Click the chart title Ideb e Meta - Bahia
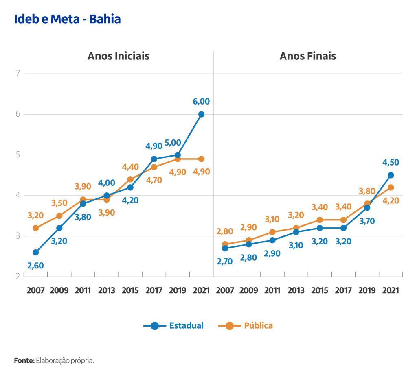coord(67,19)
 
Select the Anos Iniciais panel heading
coord(118,56)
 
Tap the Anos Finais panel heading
coord(307,56)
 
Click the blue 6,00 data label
coord(201,101)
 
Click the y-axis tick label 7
coord(18,74)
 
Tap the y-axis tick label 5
coord(18,155)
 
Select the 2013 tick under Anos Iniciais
coord(106,291)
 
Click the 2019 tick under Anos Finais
coord(367,291)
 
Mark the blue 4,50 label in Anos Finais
coord(391,162)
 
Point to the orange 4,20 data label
coord(391,200)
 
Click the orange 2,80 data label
coord(225,231)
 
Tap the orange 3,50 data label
coord(59,203)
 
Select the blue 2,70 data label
coord(225,261)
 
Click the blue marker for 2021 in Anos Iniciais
coord(201,114)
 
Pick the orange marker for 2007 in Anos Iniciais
coord(35,228)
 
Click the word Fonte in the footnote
coord(24,360)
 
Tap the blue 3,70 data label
coord(367,221)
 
